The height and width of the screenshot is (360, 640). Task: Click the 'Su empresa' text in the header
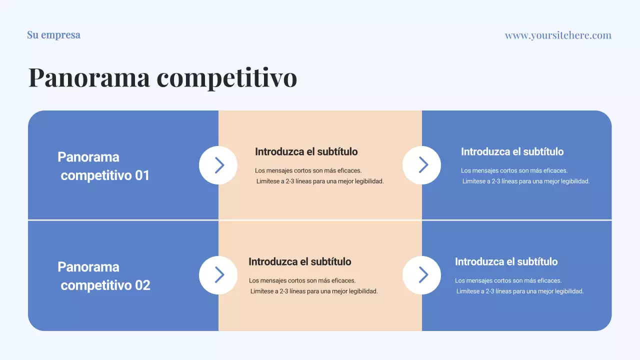53,35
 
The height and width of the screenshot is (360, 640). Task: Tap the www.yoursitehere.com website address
558,35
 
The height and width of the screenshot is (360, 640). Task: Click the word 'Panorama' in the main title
89,77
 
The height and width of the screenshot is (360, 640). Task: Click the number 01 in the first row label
142,175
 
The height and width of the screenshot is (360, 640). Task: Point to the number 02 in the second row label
142,285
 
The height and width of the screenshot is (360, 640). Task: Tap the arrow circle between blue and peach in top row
218,165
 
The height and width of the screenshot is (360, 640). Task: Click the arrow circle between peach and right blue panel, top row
421,165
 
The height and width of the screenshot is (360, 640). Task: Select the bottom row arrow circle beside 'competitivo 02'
218,275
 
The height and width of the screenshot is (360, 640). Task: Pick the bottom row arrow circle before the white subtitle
421,275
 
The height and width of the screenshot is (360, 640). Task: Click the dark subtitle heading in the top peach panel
306,151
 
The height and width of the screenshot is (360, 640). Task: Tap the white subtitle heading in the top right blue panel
512,151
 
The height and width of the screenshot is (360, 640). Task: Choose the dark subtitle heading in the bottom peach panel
299,261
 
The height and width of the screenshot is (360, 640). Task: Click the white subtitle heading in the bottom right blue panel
506,261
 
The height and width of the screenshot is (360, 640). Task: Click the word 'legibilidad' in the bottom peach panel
361,291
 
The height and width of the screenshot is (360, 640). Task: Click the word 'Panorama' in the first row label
88,157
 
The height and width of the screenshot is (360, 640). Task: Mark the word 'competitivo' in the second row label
96,285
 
